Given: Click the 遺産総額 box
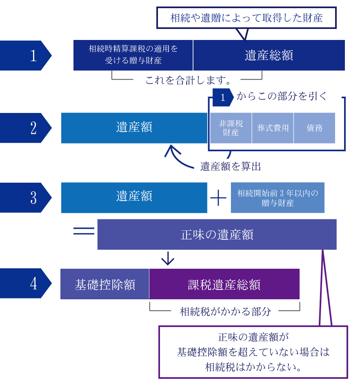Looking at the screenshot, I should coord(269,55).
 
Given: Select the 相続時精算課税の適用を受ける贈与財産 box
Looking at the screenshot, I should coord(133,55).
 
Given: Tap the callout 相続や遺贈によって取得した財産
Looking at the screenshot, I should coord(246,18).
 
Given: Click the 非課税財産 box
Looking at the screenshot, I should coord(231,128).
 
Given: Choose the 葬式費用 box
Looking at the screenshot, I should coord(273,128).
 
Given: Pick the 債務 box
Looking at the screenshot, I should coord(314,128).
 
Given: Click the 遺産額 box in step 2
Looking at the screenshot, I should coord(134,128).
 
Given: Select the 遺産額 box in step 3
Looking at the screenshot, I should coord(134,197).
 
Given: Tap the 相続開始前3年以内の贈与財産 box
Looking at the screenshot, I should coord(278,198).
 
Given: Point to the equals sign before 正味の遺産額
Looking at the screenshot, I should coord(84,231).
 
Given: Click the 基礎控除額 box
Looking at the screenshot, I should coord(104,284).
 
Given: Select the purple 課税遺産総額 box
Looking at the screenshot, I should coord(224,284).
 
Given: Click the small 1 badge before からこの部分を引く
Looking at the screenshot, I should coord(222,98).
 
